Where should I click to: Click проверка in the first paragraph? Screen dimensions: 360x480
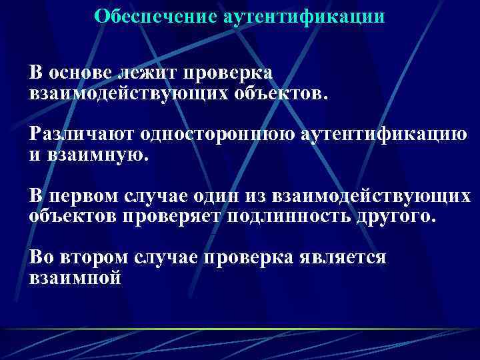pyautogui.click(x=232, y=71)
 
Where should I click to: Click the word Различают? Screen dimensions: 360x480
pyautogui.click(x=81, y=135)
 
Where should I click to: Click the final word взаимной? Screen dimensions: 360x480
pyautogui.click(x=75, y=278)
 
